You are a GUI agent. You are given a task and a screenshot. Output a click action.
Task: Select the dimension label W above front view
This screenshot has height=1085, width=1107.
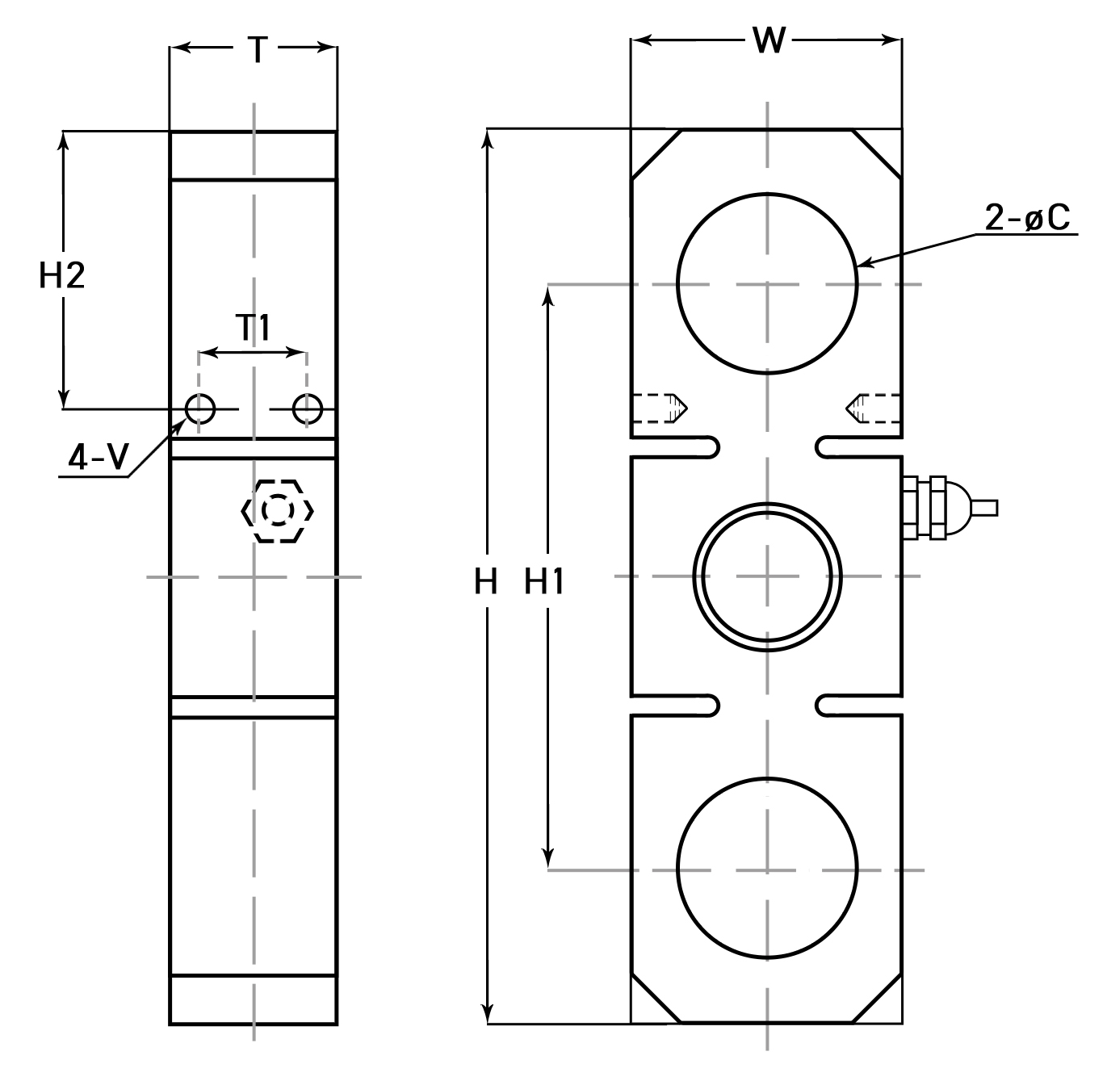coord(768,40)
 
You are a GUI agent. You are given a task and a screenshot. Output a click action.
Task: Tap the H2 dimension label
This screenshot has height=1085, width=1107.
coord(62,276)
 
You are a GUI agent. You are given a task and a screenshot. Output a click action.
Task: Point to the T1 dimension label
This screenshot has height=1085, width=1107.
coord(254,329)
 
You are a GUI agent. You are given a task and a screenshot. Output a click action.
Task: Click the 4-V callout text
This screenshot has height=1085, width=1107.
coord(98,458)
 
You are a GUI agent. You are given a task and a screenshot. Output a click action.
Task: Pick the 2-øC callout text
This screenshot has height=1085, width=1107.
coord(1027,217)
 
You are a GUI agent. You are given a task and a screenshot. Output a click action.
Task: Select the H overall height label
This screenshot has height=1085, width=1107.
coord(485,581)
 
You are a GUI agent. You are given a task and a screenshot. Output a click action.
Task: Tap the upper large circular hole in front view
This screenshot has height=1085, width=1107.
coord(767,283)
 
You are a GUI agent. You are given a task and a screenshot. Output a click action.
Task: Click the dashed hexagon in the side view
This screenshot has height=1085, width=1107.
coord(278,511)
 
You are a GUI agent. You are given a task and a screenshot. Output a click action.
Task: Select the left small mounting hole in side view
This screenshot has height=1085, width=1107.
coord(200,409)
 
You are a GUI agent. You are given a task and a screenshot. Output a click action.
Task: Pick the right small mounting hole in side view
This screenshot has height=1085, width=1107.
coord(308,409)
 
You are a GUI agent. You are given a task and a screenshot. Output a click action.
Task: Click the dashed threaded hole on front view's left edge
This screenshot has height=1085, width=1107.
coord(659,408)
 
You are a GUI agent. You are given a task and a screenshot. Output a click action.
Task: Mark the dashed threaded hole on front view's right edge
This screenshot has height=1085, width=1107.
coord(874,408)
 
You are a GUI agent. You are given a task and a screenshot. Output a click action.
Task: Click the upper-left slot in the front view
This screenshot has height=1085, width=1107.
coord(674,447)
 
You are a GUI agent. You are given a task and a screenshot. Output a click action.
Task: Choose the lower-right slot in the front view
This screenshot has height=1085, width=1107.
coord(858,704)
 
